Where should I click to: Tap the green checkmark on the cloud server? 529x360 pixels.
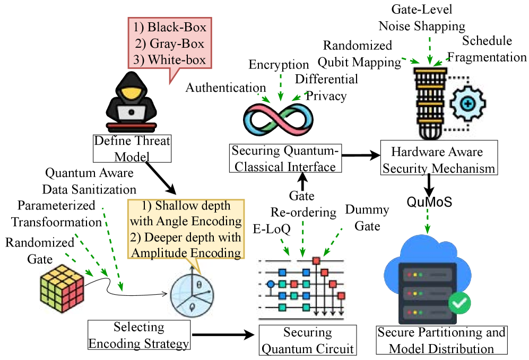[x=459, y=304]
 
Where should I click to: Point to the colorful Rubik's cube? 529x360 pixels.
[x=62, y=289]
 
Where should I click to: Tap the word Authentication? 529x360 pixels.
[x=226, y=88]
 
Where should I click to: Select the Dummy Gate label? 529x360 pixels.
[x=367, y=217]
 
